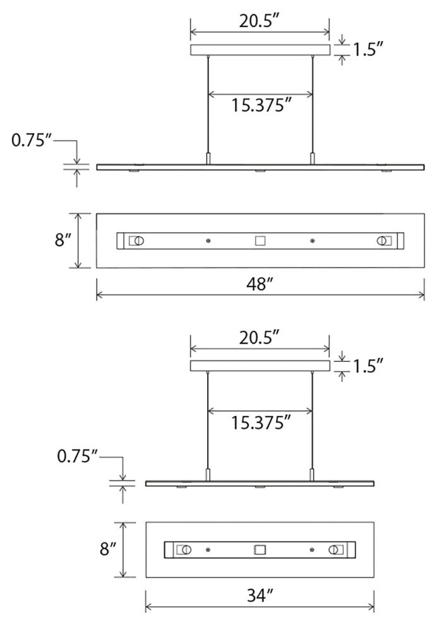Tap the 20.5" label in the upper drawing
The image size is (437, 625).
[x=260, y=22]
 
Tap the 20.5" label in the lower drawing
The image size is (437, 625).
[x=260, y=338]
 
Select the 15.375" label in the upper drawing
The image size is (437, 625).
[x=260, y=105]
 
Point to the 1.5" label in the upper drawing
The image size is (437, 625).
[x=368, y=49]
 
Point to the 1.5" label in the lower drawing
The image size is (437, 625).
[x=368, y=365]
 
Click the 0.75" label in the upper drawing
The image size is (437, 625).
[x=32, y=140]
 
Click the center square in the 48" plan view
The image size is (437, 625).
[x=260, y=241]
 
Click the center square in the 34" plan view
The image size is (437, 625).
[x=260, y=549]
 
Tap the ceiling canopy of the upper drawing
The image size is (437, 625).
[x=260, y=50]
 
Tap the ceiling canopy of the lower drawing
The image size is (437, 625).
[x=260, y=366]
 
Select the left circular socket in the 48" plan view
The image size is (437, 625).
[x=138, y=241]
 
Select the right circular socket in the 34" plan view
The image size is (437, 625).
[x=333, y=549]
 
